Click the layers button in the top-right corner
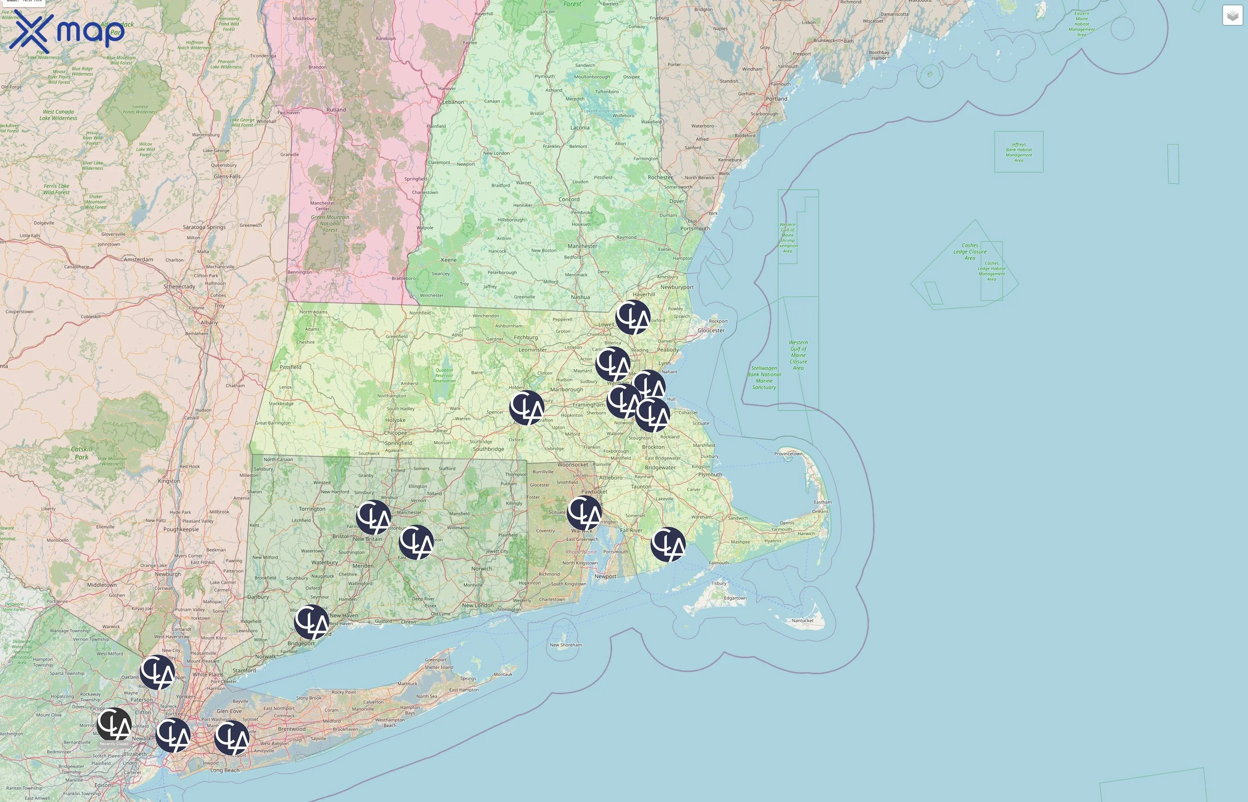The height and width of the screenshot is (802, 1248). pos(1232,16)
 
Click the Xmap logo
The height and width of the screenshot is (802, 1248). pos(67,31)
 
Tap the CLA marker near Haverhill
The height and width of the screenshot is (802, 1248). pos(633,317)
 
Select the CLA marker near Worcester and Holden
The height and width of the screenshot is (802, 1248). pos(526,408)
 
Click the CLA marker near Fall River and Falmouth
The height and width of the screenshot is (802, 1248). pos(668,544)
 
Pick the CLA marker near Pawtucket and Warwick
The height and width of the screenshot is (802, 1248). pos(584,513)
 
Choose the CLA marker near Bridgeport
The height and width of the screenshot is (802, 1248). pos(312,622)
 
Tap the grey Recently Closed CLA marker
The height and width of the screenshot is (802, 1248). pos(114,724)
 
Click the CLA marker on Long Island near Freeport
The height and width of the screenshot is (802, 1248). pos(232,737)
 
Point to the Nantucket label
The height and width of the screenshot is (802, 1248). pos(802,620)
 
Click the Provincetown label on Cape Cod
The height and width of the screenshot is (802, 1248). pos(788,454)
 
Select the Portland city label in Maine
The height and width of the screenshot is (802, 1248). pos(776,98)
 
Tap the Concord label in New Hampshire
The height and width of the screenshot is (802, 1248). pos(569,200)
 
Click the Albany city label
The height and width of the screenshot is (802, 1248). pos(209,323)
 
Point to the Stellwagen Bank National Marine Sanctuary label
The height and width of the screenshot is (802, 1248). pos(764,377)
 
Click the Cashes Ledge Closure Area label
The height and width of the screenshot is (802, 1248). pos(969,252)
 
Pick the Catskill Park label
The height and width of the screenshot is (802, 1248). pos(81,453)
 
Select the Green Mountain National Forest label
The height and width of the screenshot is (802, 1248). pos(330,223)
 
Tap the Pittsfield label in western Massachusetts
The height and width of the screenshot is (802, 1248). pos(290,367)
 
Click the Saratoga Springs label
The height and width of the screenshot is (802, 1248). pos(204,227)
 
